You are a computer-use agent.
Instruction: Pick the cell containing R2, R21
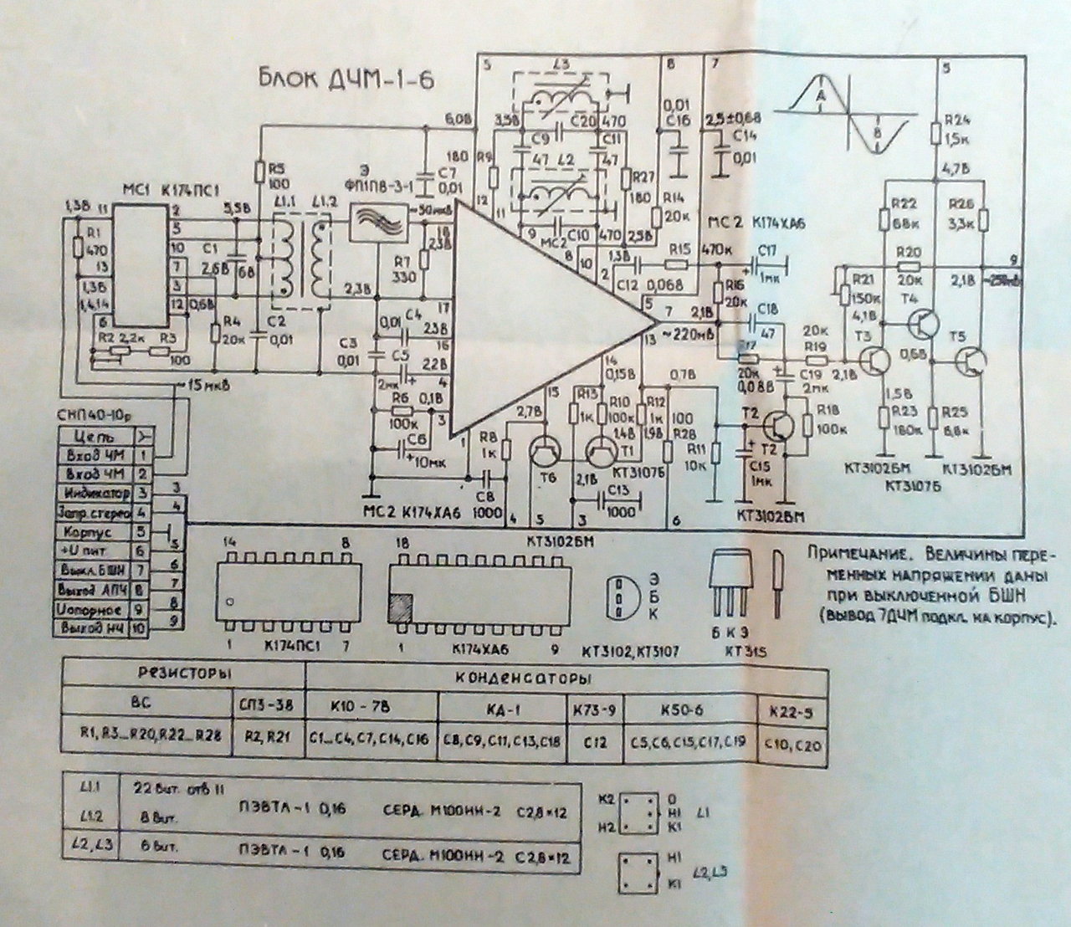click(266, 740)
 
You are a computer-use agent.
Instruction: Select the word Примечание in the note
click(847, 553)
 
